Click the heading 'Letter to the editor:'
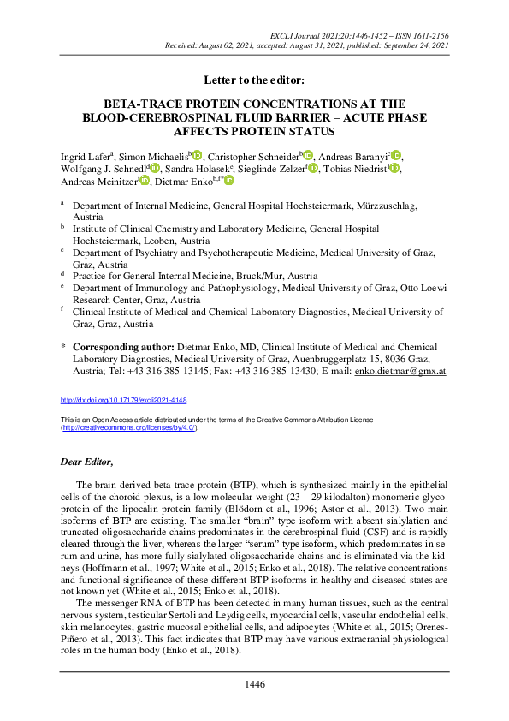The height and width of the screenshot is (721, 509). [x=254, y=80]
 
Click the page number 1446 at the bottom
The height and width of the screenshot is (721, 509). [x=254, y=684]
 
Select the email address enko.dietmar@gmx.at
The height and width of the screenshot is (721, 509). [x=403, y=372]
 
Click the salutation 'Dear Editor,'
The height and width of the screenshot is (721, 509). [x=86, y=462]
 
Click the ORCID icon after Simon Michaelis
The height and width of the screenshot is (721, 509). [x=197, y=155]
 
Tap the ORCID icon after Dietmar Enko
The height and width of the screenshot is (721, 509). [x=229, y=181]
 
